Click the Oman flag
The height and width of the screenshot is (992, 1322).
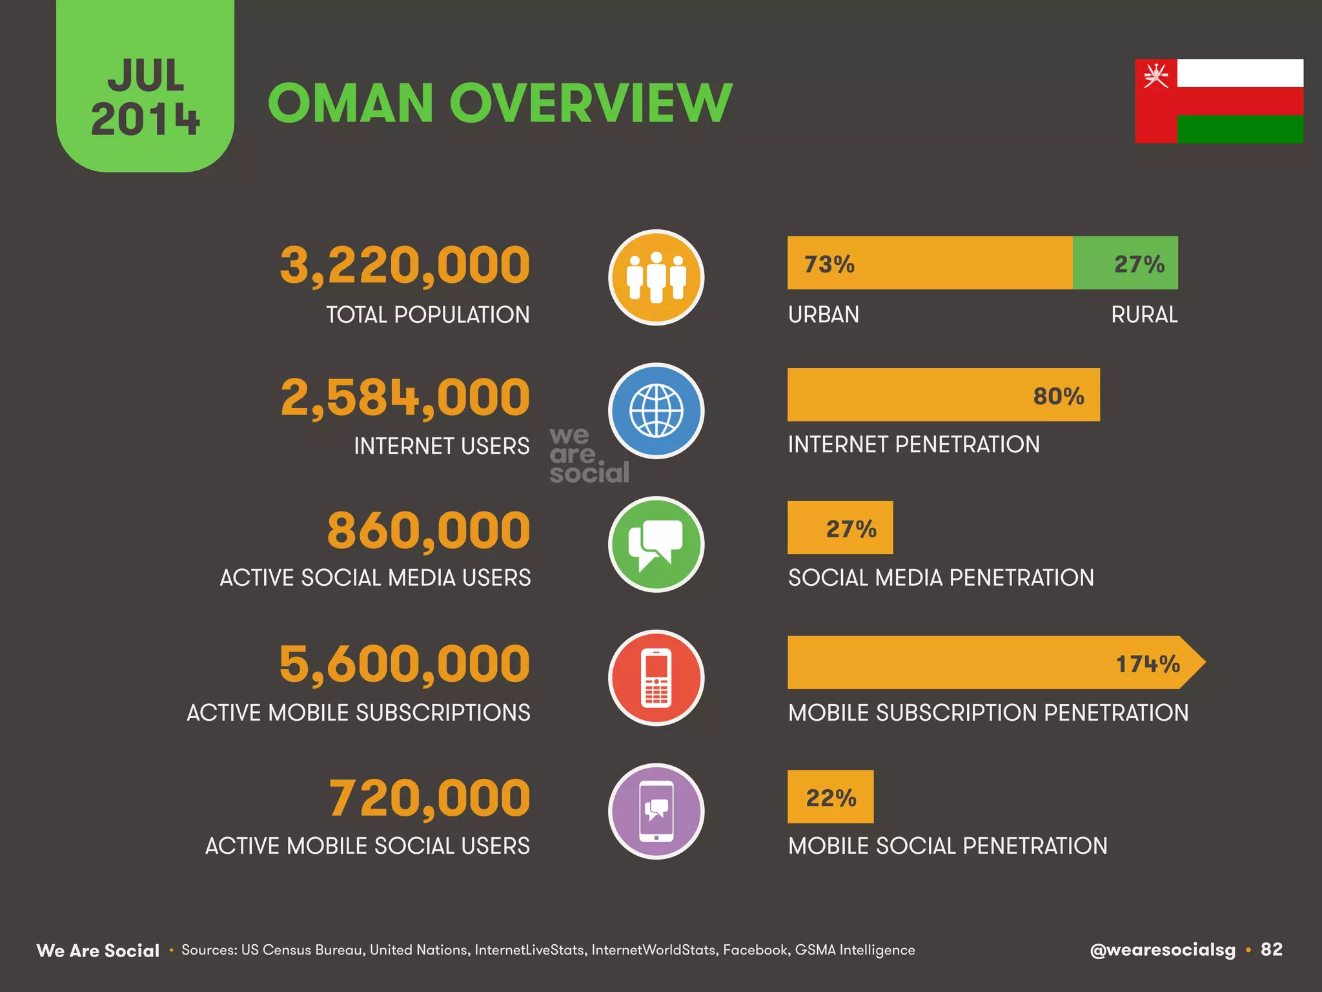coord(1219,101)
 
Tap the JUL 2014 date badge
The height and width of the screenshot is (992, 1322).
coord(145,97)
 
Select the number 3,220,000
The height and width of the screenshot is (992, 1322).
coord(405,265)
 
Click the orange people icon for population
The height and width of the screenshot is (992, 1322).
coord(656,278)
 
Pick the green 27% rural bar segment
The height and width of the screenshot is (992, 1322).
coord(1125,263)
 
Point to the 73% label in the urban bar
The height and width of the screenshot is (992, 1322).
coord(829,264)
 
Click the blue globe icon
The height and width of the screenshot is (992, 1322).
coord(656,411)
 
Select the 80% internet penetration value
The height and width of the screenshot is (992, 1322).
coord(1059,396)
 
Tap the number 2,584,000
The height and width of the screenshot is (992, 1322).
coord(405,397)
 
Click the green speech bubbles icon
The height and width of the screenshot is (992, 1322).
coord(656,544)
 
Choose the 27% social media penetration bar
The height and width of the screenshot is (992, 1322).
coord(840,528)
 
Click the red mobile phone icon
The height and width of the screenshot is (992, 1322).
coord(656,677)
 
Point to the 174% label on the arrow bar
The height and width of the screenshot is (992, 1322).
coord(1148,663)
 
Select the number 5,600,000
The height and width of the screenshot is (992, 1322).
coord(405,664)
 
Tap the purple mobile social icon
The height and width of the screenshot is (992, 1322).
coord(656,811)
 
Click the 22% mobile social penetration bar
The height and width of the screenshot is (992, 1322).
coord(830,797)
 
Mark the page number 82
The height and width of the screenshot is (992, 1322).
coord(1271,949)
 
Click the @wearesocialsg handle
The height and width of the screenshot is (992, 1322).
coord(1162,950)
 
